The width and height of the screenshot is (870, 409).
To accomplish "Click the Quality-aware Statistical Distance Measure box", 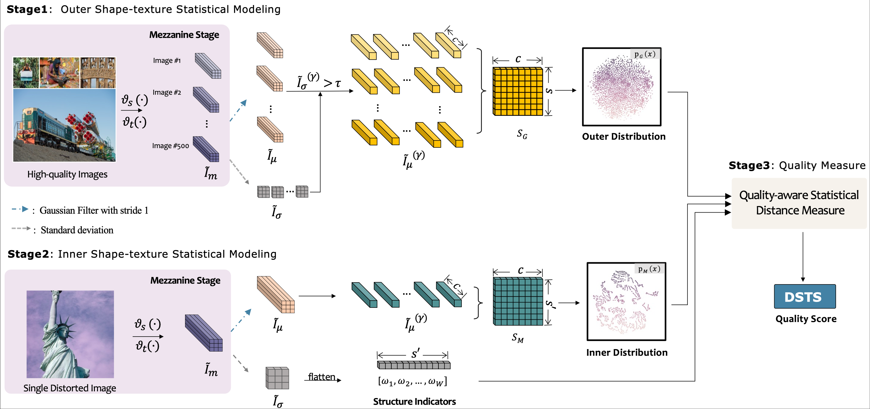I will [x=799, y=203].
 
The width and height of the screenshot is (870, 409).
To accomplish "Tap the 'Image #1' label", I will [x=167, y=61].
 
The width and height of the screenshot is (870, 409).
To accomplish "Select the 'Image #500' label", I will [x=170, y=146].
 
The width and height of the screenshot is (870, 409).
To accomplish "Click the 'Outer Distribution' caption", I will [x=623, y=136].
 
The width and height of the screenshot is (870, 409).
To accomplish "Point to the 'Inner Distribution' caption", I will [x=627, y=352].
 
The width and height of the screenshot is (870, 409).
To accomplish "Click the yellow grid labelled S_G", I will [x=517, y=91].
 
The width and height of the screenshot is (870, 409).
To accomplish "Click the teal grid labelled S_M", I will [x=518, y=301].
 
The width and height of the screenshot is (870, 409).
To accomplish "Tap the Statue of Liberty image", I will [x=70, y=334].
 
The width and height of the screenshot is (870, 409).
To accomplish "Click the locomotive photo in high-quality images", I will [x=64, y=126].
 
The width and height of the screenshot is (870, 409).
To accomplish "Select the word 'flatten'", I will [x=321, y=377].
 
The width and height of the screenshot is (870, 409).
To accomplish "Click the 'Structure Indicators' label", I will [x=414, y=402].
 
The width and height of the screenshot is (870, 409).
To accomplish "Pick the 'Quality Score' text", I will [x=806, y=319].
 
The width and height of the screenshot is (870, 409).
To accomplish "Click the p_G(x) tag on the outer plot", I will [x=645, y=54].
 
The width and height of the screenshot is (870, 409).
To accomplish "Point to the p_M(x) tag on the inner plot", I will [x=649, y=269].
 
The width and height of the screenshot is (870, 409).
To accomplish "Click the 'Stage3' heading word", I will [x=749, y=165].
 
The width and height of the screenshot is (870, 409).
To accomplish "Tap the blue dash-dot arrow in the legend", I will [x=20, y=209].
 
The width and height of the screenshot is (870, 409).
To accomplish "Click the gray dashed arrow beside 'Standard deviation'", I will [x=21, y=229].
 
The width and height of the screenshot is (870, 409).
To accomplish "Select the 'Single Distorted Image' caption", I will [x=70, y=388].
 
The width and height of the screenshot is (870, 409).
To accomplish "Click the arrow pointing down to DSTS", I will [x=803, y=257].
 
